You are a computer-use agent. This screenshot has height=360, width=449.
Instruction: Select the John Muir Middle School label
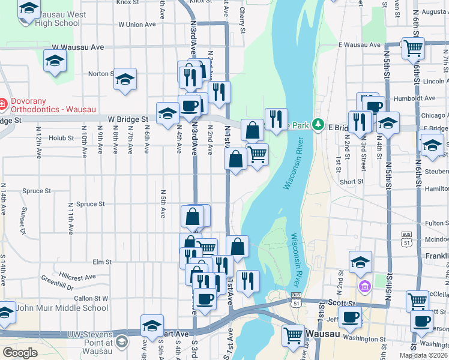[x=62, y=308]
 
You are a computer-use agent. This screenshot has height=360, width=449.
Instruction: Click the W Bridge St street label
[x=128, y=120]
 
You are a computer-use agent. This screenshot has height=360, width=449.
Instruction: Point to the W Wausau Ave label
[x=78, y=47]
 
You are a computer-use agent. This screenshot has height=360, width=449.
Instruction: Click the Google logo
[x=20, y=353]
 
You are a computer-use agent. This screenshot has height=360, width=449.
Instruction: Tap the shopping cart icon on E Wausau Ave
[x=412, y=48]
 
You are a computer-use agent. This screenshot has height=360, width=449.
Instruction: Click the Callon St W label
[x=91, y=298]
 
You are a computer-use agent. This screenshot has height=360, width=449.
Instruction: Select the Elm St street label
[x=103, y=262]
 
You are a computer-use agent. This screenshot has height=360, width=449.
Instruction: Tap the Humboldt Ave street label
[x=420, y=98]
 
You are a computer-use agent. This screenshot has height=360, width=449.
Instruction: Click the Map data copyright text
[x=423, y=355]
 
